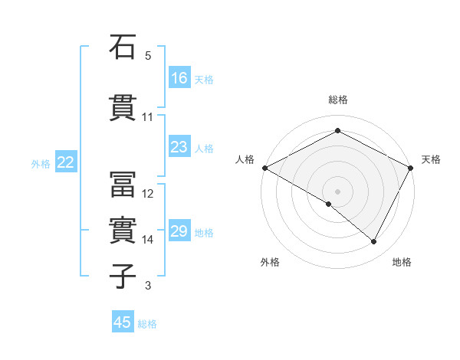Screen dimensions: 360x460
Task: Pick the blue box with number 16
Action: tap(179, 77)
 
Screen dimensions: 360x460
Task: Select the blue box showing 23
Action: tap(179, 147)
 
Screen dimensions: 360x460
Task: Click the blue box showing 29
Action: tap(179, 231)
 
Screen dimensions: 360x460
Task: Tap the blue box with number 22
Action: tap(66, 162)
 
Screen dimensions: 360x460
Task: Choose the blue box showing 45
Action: tap(123, 322)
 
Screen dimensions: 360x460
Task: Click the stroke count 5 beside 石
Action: tap(148, 56)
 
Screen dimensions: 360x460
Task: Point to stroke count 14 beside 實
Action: tap(148, 240)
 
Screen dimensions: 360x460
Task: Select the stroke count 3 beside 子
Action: tap(148, 286)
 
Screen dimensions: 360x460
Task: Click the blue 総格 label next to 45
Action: tap(147, 324)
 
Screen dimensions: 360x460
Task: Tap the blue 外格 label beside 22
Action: tap(41, 163)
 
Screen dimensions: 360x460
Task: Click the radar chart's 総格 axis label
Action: tap(337, 100)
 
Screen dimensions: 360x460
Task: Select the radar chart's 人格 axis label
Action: tap(245, 159)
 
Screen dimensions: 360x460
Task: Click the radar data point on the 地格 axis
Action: tap(374, 242)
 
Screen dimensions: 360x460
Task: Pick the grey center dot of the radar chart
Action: tap(337, 190)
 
